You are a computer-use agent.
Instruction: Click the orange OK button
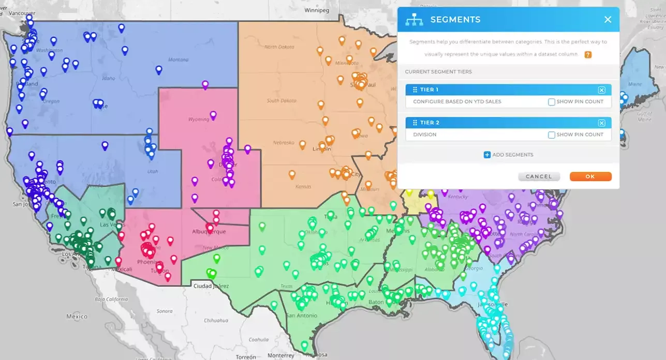pos(590,176)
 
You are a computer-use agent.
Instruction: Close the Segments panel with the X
pos(608,20)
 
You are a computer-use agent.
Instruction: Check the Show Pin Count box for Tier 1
pos(552,102)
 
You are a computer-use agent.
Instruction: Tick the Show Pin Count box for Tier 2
pos(552,135)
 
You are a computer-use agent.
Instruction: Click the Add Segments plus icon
pos(487,155)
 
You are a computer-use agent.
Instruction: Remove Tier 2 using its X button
pos(601,123)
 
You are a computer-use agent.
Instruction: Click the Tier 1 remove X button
pos(601,90)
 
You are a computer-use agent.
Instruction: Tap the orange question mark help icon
pos(588,55)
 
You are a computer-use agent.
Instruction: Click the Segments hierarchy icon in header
pos(414,20)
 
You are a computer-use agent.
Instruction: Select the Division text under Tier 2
pos(424,134)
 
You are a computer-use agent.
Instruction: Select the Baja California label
pos(111,299)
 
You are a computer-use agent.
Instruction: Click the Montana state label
pos(178,59)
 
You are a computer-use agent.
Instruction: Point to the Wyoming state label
pos(199,119)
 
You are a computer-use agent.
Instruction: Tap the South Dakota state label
pos(282,100)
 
